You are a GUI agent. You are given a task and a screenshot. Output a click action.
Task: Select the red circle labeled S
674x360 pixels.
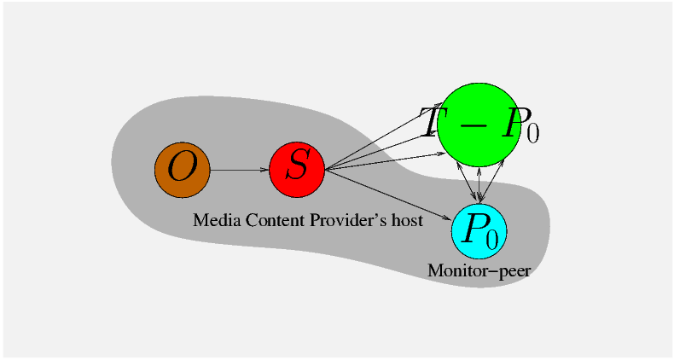(x=297, y=169)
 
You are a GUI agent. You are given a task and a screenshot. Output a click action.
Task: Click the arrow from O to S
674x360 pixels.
(x=239, y=169)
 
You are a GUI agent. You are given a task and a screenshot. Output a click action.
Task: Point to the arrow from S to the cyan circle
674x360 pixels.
(x=389, y=195)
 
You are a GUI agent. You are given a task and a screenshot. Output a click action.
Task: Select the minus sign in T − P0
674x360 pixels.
(x=475, y=125)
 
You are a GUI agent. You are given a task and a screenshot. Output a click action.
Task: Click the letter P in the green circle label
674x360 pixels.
(x=513, y=125)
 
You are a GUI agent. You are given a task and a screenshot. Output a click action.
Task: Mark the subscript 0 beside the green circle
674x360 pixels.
(x=533, y=133)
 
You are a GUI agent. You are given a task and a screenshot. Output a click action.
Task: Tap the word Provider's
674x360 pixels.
(x=349, y=221)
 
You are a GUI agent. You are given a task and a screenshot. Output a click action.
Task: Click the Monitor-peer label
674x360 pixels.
(x=479, y=270)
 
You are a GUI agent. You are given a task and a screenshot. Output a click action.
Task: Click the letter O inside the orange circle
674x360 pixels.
(x=181, y=166)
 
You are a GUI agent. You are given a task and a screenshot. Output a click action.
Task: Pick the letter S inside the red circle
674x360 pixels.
(x=297, y=165)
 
